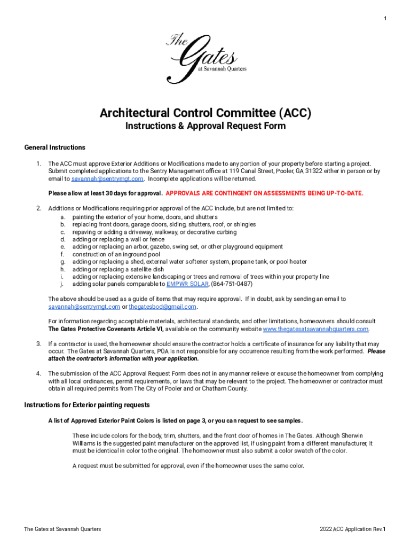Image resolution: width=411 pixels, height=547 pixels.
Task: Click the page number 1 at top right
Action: click(x=385, y=19)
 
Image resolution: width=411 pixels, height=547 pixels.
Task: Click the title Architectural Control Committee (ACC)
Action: click(x=205, y=113)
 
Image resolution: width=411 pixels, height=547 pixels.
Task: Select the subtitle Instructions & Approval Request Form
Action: click(x=205, y=127)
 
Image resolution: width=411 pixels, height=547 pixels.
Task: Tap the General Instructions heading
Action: click(x=54, y=147)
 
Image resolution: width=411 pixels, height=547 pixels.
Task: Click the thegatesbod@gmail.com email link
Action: click(x=163, y=307)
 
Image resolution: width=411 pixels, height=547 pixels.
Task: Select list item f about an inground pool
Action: click(x=116, y=254)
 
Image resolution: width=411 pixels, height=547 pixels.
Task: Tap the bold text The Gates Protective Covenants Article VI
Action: click(x=106, y=329)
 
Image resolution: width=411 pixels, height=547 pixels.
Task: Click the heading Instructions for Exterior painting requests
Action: click(x=86, y=404)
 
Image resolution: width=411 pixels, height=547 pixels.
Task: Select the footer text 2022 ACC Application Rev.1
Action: click(x=352, y=529)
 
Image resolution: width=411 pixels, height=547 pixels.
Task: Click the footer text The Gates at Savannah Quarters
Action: click(x=62, y=529)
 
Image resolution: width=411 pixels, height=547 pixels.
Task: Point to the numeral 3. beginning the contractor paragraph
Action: click(x=38, y=344)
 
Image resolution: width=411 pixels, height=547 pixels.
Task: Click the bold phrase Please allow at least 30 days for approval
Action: click(x=105, y=193)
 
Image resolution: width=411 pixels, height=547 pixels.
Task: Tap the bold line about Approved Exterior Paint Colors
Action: click(x=176, y=420)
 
